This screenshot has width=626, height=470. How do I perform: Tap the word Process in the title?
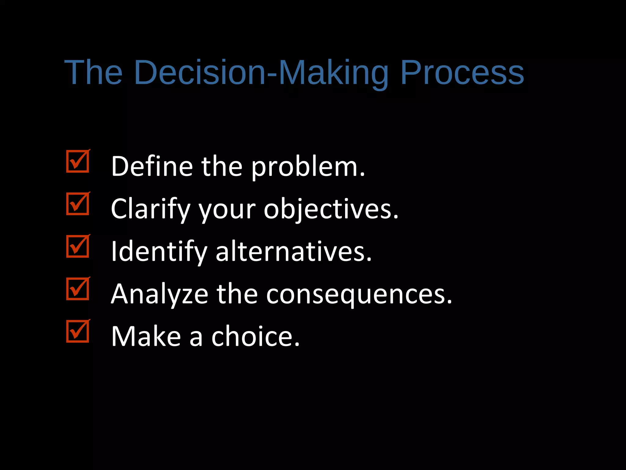tap(462, 73)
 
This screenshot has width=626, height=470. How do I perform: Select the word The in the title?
tap(94, 73)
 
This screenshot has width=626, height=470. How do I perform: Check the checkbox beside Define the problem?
tap(78, 161)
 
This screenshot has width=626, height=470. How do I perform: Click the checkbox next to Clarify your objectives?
tap(78, 204)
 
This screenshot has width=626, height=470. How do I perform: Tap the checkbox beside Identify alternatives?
tap(78, 246)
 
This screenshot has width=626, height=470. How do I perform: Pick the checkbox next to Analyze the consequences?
tap(78, 289)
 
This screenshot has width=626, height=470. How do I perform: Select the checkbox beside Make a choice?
tap(78, 331)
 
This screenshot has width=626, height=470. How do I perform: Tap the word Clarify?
tap(151, 209)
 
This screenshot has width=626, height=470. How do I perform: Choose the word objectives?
tap(331, 209)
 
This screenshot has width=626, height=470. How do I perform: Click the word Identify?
tap(159, 252)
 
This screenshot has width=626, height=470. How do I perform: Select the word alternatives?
tap(293, 252)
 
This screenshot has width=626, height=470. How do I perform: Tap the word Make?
tap(146, 336)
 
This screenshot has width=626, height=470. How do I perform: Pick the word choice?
tap(256, 336)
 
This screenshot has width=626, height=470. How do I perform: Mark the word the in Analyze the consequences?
tap(237, 294)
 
